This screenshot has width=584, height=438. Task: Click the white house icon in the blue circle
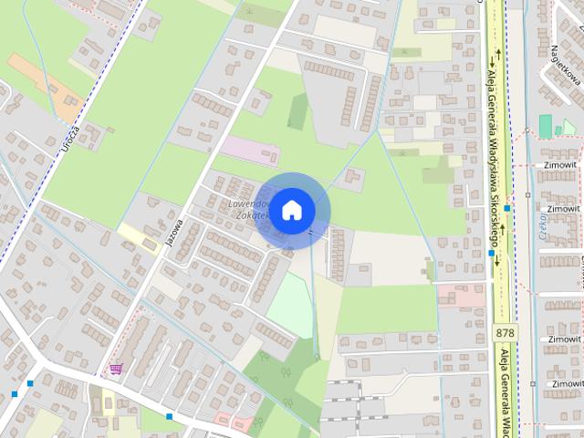click(x=291, y=210)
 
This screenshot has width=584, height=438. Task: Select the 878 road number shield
click(x=506, y=332)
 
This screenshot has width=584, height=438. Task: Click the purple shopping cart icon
click(x=116, y=369)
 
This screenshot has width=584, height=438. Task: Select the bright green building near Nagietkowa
click(x=546, y=126)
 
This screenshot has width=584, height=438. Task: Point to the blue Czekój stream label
click(x=541, y=224)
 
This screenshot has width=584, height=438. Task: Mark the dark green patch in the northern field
click(x=297, y=110)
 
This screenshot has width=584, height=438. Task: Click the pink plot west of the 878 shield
click(x=461, y=295)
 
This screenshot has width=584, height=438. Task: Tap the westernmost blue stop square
click(x=15, y=393)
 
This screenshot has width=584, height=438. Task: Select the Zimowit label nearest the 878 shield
click(x=564, y=339)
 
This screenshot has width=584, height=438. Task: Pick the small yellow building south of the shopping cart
click(x=108, y=401)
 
